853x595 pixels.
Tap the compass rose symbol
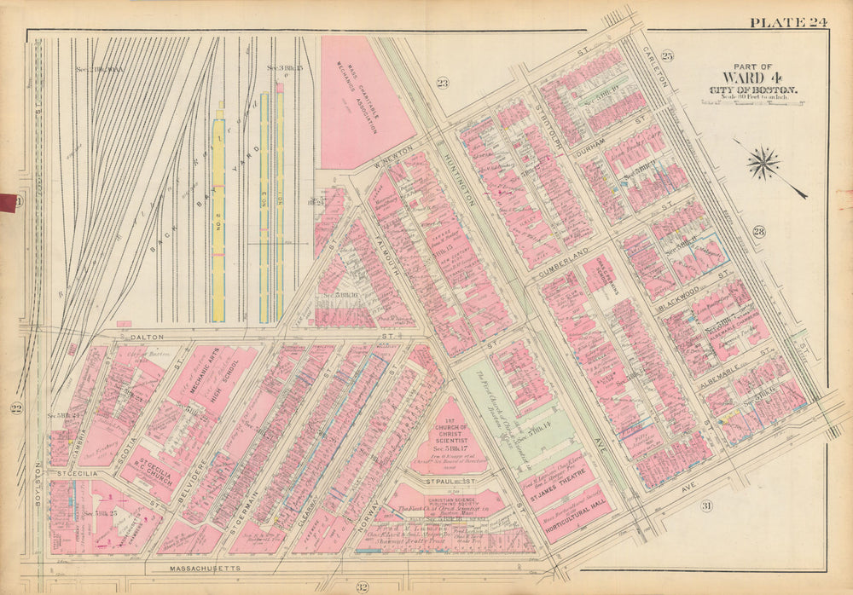coord(764,163)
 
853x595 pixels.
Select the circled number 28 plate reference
coord(758,232)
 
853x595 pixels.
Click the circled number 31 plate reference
coord(706,506)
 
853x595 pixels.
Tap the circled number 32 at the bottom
coord(362,586)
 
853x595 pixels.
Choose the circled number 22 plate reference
coord(16,409)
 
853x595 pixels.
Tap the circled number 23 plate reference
coord(442,83)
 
